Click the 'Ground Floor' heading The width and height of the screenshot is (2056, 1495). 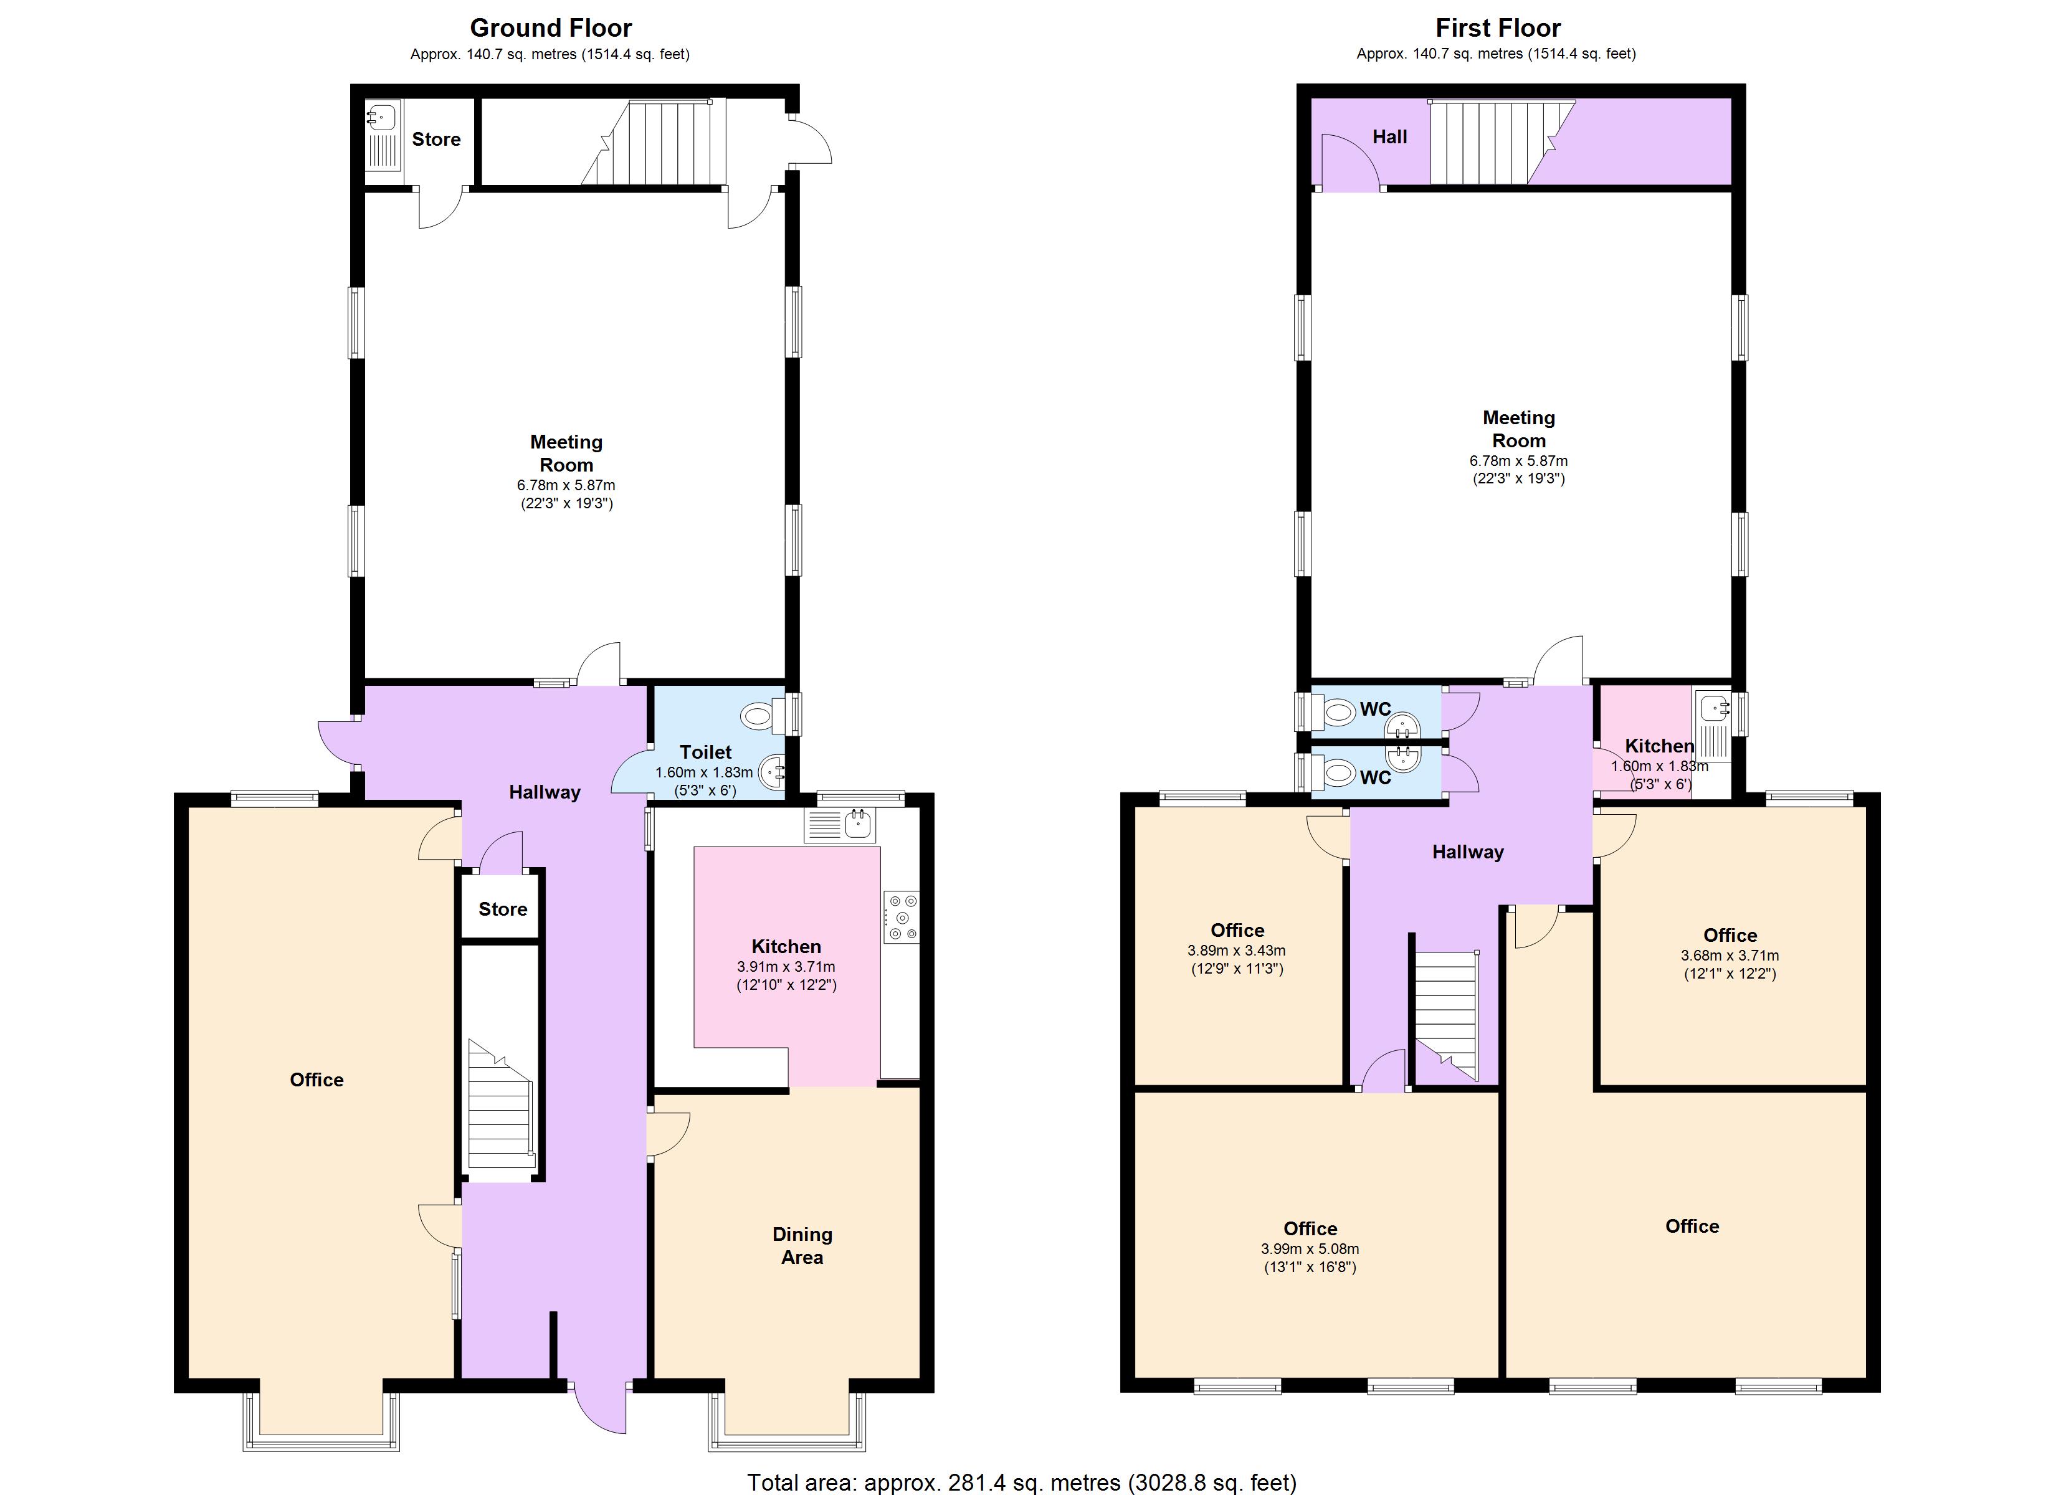click(x=550, y=28)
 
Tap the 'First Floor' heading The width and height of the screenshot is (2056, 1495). click(x=1498, y=28)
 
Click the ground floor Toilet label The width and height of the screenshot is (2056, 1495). click(x=705, y=752)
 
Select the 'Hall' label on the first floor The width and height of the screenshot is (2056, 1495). click(x=1390, y=137)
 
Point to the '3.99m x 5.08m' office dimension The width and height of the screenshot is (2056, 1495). click(x=1310, y=1248)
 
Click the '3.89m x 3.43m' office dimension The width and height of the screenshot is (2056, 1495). click(x=1237, y=950)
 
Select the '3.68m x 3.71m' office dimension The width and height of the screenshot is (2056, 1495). click(x=1730, y=955)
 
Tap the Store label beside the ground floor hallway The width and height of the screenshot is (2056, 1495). click(x=502, y=909)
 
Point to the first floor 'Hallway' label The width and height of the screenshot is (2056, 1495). click(x=1468, y=852)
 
